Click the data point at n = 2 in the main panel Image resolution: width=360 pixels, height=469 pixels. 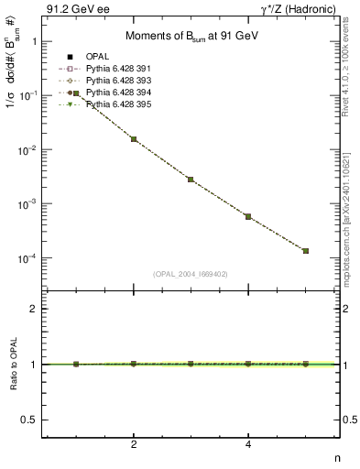pyautogui.click(x=134, y=139)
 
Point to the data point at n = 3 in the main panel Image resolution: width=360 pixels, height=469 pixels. pyautogui.click(x=191, y=180)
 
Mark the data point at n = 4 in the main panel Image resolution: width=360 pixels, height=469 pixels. pyautogui.click(x=248, y=216)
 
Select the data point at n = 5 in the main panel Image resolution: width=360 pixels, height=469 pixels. pyautogui.click(x=305, y=250)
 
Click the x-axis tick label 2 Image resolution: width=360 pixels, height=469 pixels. pyautogui.click(x=134, y=445)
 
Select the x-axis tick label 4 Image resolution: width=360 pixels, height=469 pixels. pyautogui.click(x=248, y=445)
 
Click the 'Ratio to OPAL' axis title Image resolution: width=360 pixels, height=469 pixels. pyautogui.click(x=12, y=365)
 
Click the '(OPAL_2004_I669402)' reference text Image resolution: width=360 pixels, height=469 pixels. pyautogui.click(x=191, y=273)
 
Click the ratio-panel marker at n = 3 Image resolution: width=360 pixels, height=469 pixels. pyautogui.click(x=191, y=364)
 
